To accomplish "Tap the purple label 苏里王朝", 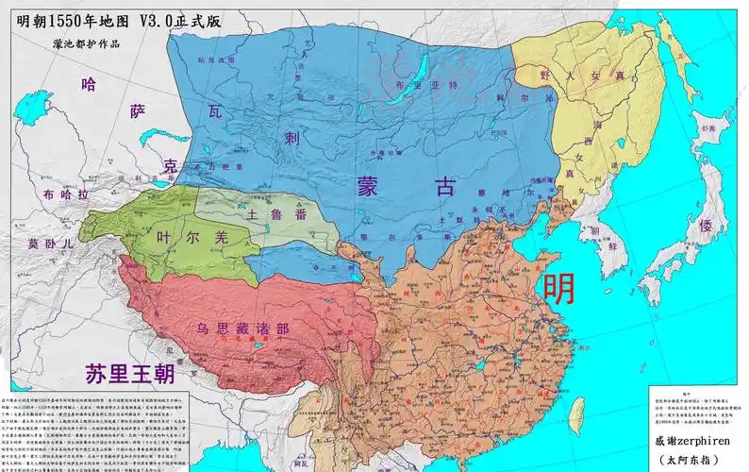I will pos(128,374).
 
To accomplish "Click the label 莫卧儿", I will pos(49,243).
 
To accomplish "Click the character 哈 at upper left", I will pos(90,84).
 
